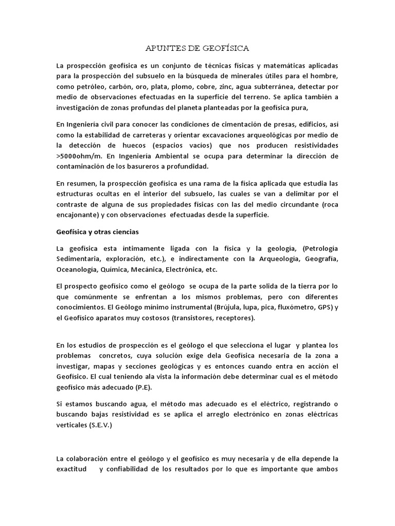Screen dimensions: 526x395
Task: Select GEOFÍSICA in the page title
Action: pyautogui.click(x=224, y=49)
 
